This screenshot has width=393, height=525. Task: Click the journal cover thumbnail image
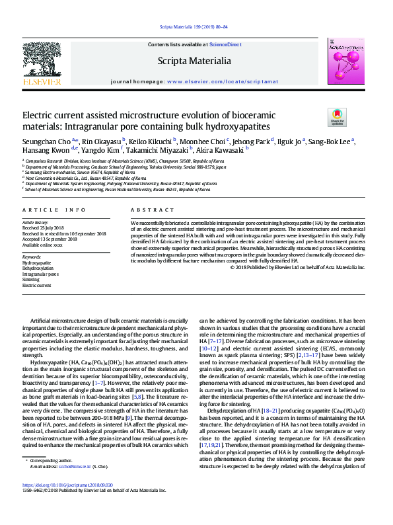[x=345, y=61]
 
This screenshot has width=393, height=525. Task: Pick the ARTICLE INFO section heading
[x=54, y=210]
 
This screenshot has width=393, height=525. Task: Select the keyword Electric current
[x=37, y=285]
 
